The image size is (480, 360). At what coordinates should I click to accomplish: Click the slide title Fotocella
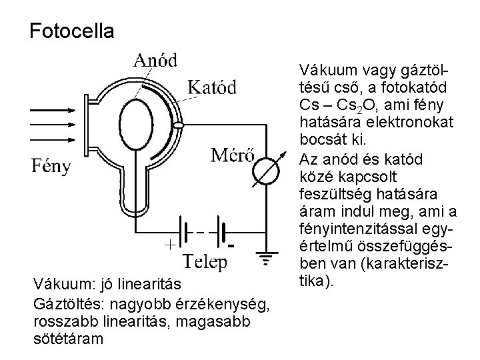72,31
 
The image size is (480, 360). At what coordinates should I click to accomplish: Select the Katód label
212,87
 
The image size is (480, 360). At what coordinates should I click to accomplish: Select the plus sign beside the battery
171,243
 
